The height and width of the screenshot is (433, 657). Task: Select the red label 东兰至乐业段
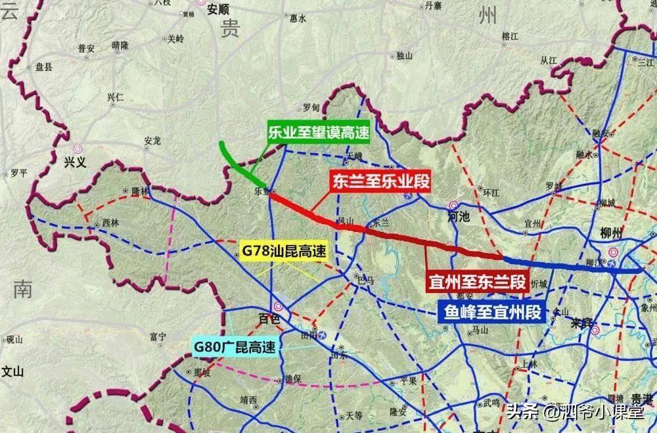380,182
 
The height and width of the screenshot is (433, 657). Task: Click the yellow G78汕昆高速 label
284,251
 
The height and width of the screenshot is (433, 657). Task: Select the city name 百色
269,319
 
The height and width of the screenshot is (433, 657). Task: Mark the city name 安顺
218,9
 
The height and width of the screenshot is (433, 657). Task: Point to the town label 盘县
44,67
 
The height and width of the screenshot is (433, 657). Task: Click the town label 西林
111,223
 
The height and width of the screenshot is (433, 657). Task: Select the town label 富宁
158,336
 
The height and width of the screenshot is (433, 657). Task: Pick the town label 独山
405,56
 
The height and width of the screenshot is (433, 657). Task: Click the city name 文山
12,371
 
